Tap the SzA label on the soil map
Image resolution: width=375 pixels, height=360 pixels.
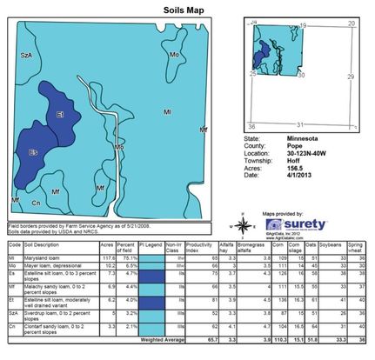[28, 55]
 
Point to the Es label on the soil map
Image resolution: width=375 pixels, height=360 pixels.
[34, 152]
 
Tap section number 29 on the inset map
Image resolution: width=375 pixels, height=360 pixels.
[351, 77]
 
